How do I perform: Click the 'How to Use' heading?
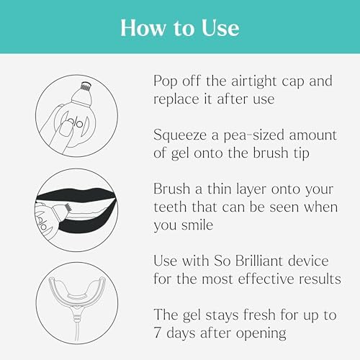click(x=180, y=27)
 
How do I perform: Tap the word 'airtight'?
click(x=264, y=79)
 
